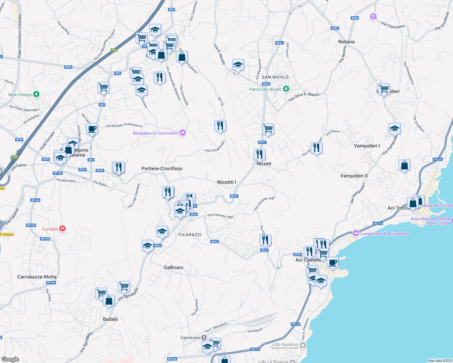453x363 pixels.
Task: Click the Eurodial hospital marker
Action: tap(62, 229)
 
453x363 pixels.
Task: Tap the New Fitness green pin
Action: tap(36, 95)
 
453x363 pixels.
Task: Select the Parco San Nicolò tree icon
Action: tap(286, 89)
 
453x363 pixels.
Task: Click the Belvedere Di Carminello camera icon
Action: tap(182, 133)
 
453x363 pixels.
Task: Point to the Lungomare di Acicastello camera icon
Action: tap(355, 233)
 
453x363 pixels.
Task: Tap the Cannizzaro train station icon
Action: tap(204, 338)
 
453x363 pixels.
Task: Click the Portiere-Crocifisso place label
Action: tap(162, 168)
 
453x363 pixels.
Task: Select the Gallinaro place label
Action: tap(173, 267)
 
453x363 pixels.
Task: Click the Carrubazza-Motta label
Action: tap(37, 277)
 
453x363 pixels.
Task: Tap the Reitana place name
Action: tap(346, 42)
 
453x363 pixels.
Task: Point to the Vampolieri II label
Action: tap(354, 176)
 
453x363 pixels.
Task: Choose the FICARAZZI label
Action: tap(190, 235)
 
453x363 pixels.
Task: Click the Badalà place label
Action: tap(110, 319)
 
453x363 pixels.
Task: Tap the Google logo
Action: tap(10, 359)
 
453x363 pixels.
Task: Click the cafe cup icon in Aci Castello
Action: tap(332, 263)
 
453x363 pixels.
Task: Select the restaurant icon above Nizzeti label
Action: tap(260, 154)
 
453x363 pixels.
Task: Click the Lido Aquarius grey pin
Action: tap(303, 345)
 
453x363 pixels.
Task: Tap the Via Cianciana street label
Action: tap(393, 25)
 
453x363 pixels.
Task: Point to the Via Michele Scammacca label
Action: tap(124, 125)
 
